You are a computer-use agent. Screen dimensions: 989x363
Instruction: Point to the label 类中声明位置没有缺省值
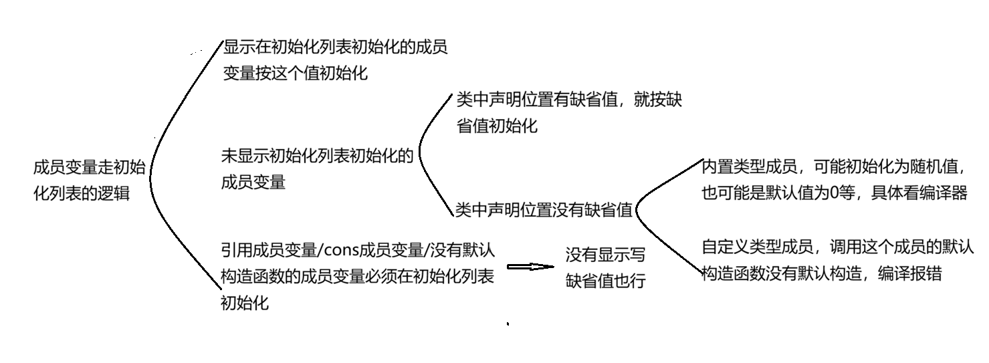click(544, 210)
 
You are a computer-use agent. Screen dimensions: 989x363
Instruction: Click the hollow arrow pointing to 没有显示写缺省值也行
click(530, 267)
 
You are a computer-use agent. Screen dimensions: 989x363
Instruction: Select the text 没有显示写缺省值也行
click(606, 267)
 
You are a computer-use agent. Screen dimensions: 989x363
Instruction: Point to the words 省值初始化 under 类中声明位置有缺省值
click(497, 126)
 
